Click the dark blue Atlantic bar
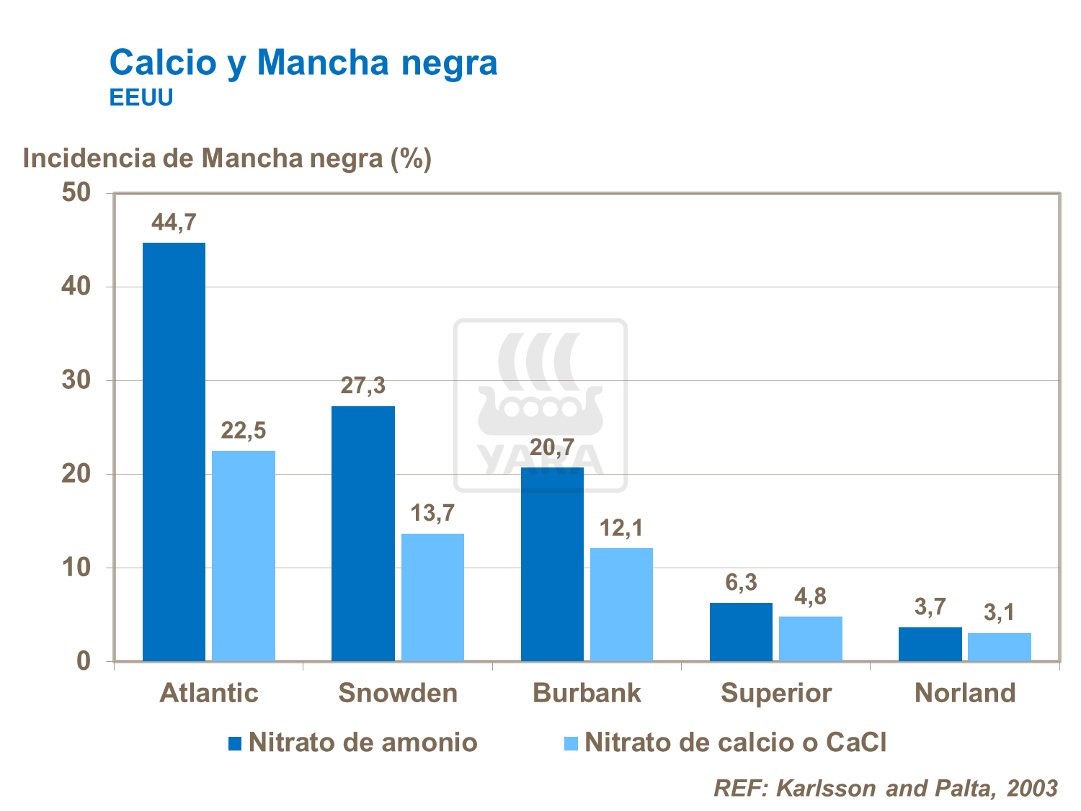coord(174,452)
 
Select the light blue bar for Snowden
coord(432,597)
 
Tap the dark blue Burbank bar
coord(552,564)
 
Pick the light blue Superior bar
coord(811,638)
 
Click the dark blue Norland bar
coord(930,644)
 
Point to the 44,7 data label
coord(174,223)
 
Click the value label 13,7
coord(432,514)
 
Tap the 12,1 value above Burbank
coord(621,529)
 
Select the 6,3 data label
coord(741,582)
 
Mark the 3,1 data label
coord(999,613)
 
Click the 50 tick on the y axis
coord(76,193)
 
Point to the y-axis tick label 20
coord(76,474)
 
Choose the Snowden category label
coord(398,693)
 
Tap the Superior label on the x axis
coord(776,693)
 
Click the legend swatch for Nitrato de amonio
coord(235,743)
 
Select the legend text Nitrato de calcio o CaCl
coord(735,743)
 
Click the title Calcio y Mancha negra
coord(303,62)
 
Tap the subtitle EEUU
coord(141,98)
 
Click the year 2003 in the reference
coord(1032,788)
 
